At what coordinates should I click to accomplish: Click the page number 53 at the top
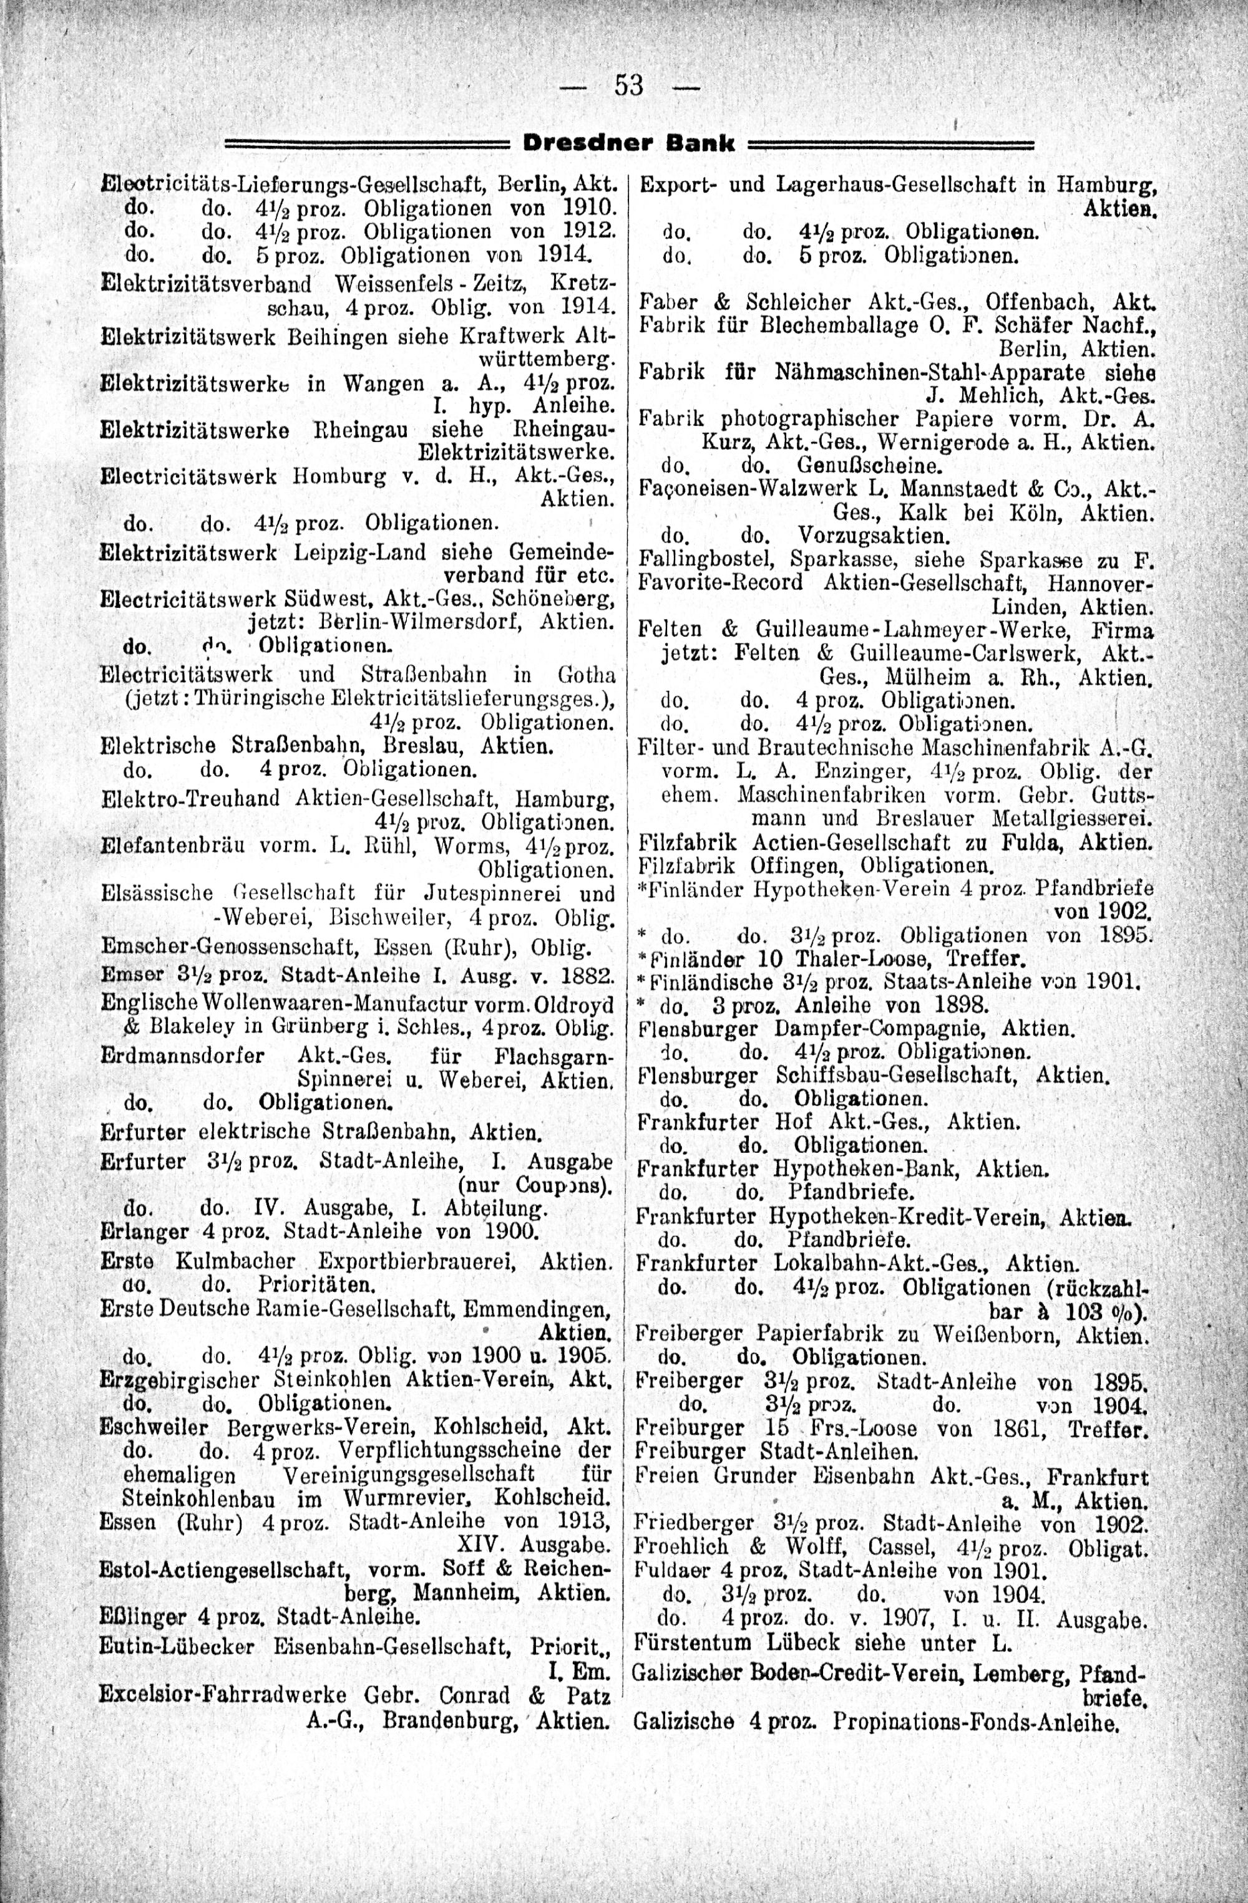tap(628, 84)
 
